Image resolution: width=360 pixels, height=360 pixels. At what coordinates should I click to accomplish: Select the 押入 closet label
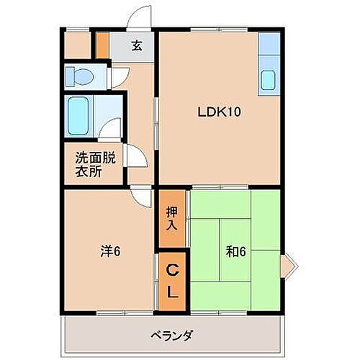(x=173, y=219)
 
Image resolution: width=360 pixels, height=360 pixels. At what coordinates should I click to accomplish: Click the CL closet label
(x=173, y=282)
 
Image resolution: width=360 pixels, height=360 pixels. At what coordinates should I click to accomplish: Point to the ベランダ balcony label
(x=171, y=335)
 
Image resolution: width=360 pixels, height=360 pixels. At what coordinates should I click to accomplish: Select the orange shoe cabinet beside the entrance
(x=103, y=44)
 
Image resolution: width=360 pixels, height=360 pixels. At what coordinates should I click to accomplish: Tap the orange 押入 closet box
(x=173, y=219)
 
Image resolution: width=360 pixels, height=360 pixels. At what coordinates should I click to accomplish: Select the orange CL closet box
(x=173, y=282)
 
